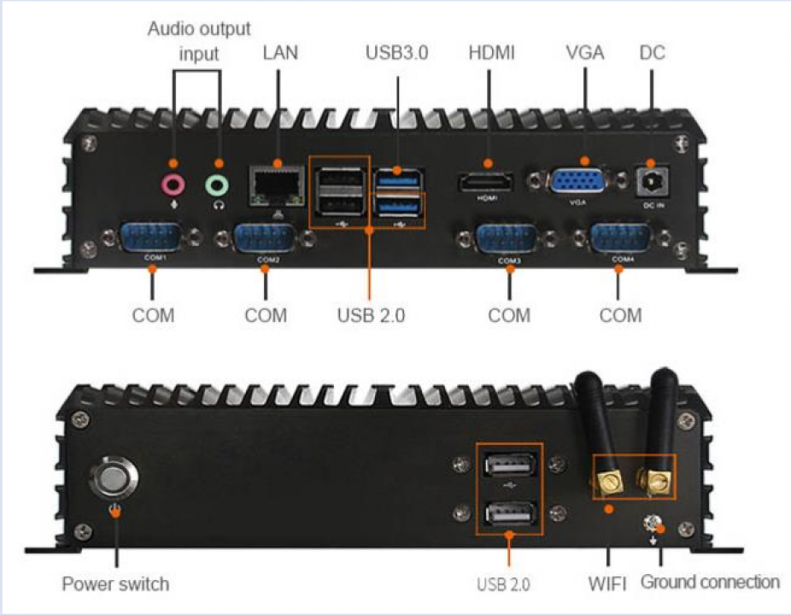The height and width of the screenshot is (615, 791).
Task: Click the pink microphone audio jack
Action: pyautogui.click(x=173, y=185)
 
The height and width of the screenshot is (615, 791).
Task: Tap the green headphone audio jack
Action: pyautogui.click(x=217, y=185)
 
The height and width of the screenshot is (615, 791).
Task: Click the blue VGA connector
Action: pyautogui.click(x=577, y=181)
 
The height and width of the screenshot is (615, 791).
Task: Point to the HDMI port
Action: pyautogui.click(x=486, y=182)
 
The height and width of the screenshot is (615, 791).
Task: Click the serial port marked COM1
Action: pyautogui.click(x=151, y=237)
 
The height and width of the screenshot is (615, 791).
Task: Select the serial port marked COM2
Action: pyautogui.click(x=265, y=239)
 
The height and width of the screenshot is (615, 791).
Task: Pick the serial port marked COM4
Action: pyautogui.click(x=621, y=238)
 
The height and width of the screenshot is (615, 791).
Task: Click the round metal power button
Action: pyautogui.click(x=114, y=477)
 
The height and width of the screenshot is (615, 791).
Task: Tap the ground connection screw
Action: pyautogui.click(x=653, y=524)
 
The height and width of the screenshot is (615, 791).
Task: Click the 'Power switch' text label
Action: pyautogui.click(x=115, y=583)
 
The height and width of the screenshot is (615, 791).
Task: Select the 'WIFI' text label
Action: pyautogui.click(x=607, y=583)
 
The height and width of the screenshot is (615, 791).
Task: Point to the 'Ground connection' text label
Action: pyautogui.click(x=710, y=582)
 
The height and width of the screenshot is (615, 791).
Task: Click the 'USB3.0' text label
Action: pyautogui.click(x=396, y=52)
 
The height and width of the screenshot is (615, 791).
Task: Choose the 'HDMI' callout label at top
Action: pyautogui.click(x=491, y=52)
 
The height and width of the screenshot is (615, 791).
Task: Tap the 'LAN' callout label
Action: pyautogui.click(x=280, y=52)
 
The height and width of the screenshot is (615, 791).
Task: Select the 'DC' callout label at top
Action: pyautogui.click(x=653, y=52)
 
